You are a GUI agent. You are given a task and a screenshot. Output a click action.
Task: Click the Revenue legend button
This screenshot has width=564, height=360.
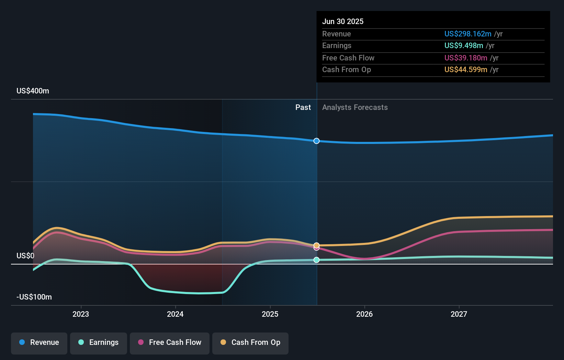[39, 342]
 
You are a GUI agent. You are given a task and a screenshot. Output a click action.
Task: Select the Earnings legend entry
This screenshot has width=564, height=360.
[99, 342]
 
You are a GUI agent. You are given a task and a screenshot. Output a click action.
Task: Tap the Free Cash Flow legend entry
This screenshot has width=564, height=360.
[170, 342]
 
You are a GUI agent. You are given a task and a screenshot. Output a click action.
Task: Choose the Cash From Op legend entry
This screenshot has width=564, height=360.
[250, 342]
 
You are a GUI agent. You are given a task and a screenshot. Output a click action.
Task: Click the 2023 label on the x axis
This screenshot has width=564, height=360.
[81, 314]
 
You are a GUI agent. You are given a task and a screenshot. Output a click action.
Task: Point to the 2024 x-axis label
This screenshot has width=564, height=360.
[175, 314]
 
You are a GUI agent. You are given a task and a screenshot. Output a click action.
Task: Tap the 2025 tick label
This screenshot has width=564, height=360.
[270, 314]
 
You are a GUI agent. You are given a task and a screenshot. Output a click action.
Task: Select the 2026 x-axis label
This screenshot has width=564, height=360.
[364, 314]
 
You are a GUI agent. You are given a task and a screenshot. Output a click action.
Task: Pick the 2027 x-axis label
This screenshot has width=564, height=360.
[459, 314]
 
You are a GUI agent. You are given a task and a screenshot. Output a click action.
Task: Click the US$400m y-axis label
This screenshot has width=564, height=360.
[33, 91]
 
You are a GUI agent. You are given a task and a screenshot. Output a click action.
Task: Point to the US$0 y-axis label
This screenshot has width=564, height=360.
[25, 256]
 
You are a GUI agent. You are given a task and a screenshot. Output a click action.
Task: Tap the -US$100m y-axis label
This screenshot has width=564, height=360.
[34, 297]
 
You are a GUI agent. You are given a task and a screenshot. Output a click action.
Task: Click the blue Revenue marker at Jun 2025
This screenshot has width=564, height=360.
[316, 141]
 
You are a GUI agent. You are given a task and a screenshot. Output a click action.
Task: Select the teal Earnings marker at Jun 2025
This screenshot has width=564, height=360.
[316, 260]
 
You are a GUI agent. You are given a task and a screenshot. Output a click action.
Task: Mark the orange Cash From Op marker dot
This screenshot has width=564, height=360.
[316, 245]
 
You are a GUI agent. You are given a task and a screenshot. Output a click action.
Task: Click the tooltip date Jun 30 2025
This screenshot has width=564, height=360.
[342, 22]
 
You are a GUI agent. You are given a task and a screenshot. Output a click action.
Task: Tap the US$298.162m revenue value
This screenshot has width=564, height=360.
[467, 34]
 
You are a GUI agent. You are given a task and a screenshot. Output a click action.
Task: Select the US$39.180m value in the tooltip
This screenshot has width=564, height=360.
[465, 58]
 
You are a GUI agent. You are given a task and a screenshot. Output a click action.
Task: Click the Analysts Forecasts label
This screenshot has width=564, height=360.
[355, 108]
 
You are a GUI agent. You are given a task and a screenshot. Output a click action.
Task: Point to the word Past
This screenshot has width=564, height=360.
[303, 108]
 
